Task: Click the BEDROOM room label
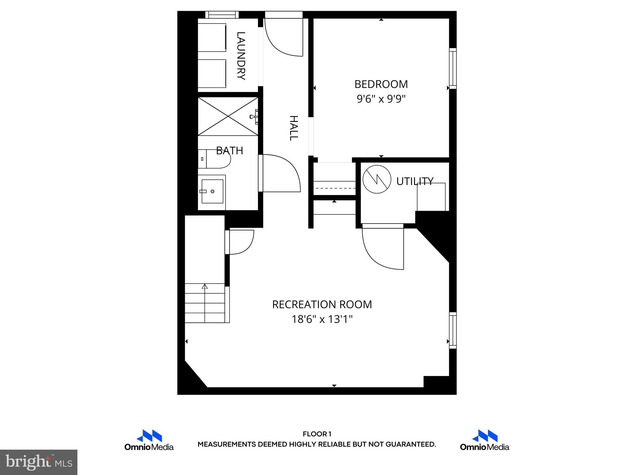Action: tap(381, 84)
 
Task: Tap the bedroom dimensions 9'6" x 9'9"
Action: tap(381, 99)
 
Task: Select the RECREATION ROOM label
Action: tap(322, 304)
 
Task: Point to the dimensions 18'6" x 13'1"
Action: tap(322, 319)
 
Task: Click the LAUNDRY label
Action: tap(241, 56)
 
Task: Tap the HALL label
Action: tap(293, 128)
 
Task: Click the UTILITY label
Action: tap(415, 181)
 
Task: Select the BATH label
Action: tap(229, 151)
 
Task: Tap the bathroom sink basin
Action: tap(212, 191)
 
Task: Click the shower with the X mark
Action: tap(228, 116)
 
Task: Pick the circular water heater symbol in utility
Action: tap(377, 179)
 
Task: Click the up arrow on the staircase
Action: tap(205, 287)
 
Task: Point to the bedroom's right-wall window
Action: tap(453, 68)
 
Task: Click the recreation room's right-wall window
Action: tap(453, 330)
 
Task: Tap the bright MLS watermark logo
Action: tap(39, 462)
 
